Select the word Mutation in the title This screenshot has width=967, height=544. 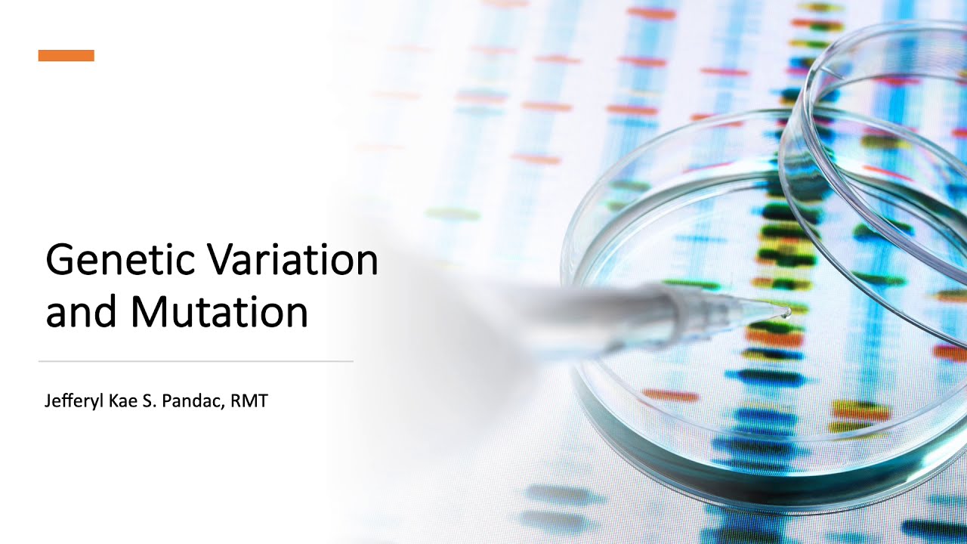pos(219,312)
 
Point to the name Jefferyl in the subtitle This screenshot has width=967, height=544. pos(70,400)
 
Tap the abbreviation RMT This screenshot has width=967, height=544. pos(249,400)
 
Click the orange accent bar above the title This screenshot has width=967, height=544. pos(66,55)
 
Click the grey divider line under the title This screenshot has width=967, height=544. pos(196,361)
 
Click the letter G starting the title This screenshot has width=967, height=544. pos(60,261)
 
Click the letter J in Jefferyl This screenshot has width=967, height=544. pos(48,400)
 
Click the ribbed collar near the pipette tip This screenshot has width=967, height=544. pos(680,306)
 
